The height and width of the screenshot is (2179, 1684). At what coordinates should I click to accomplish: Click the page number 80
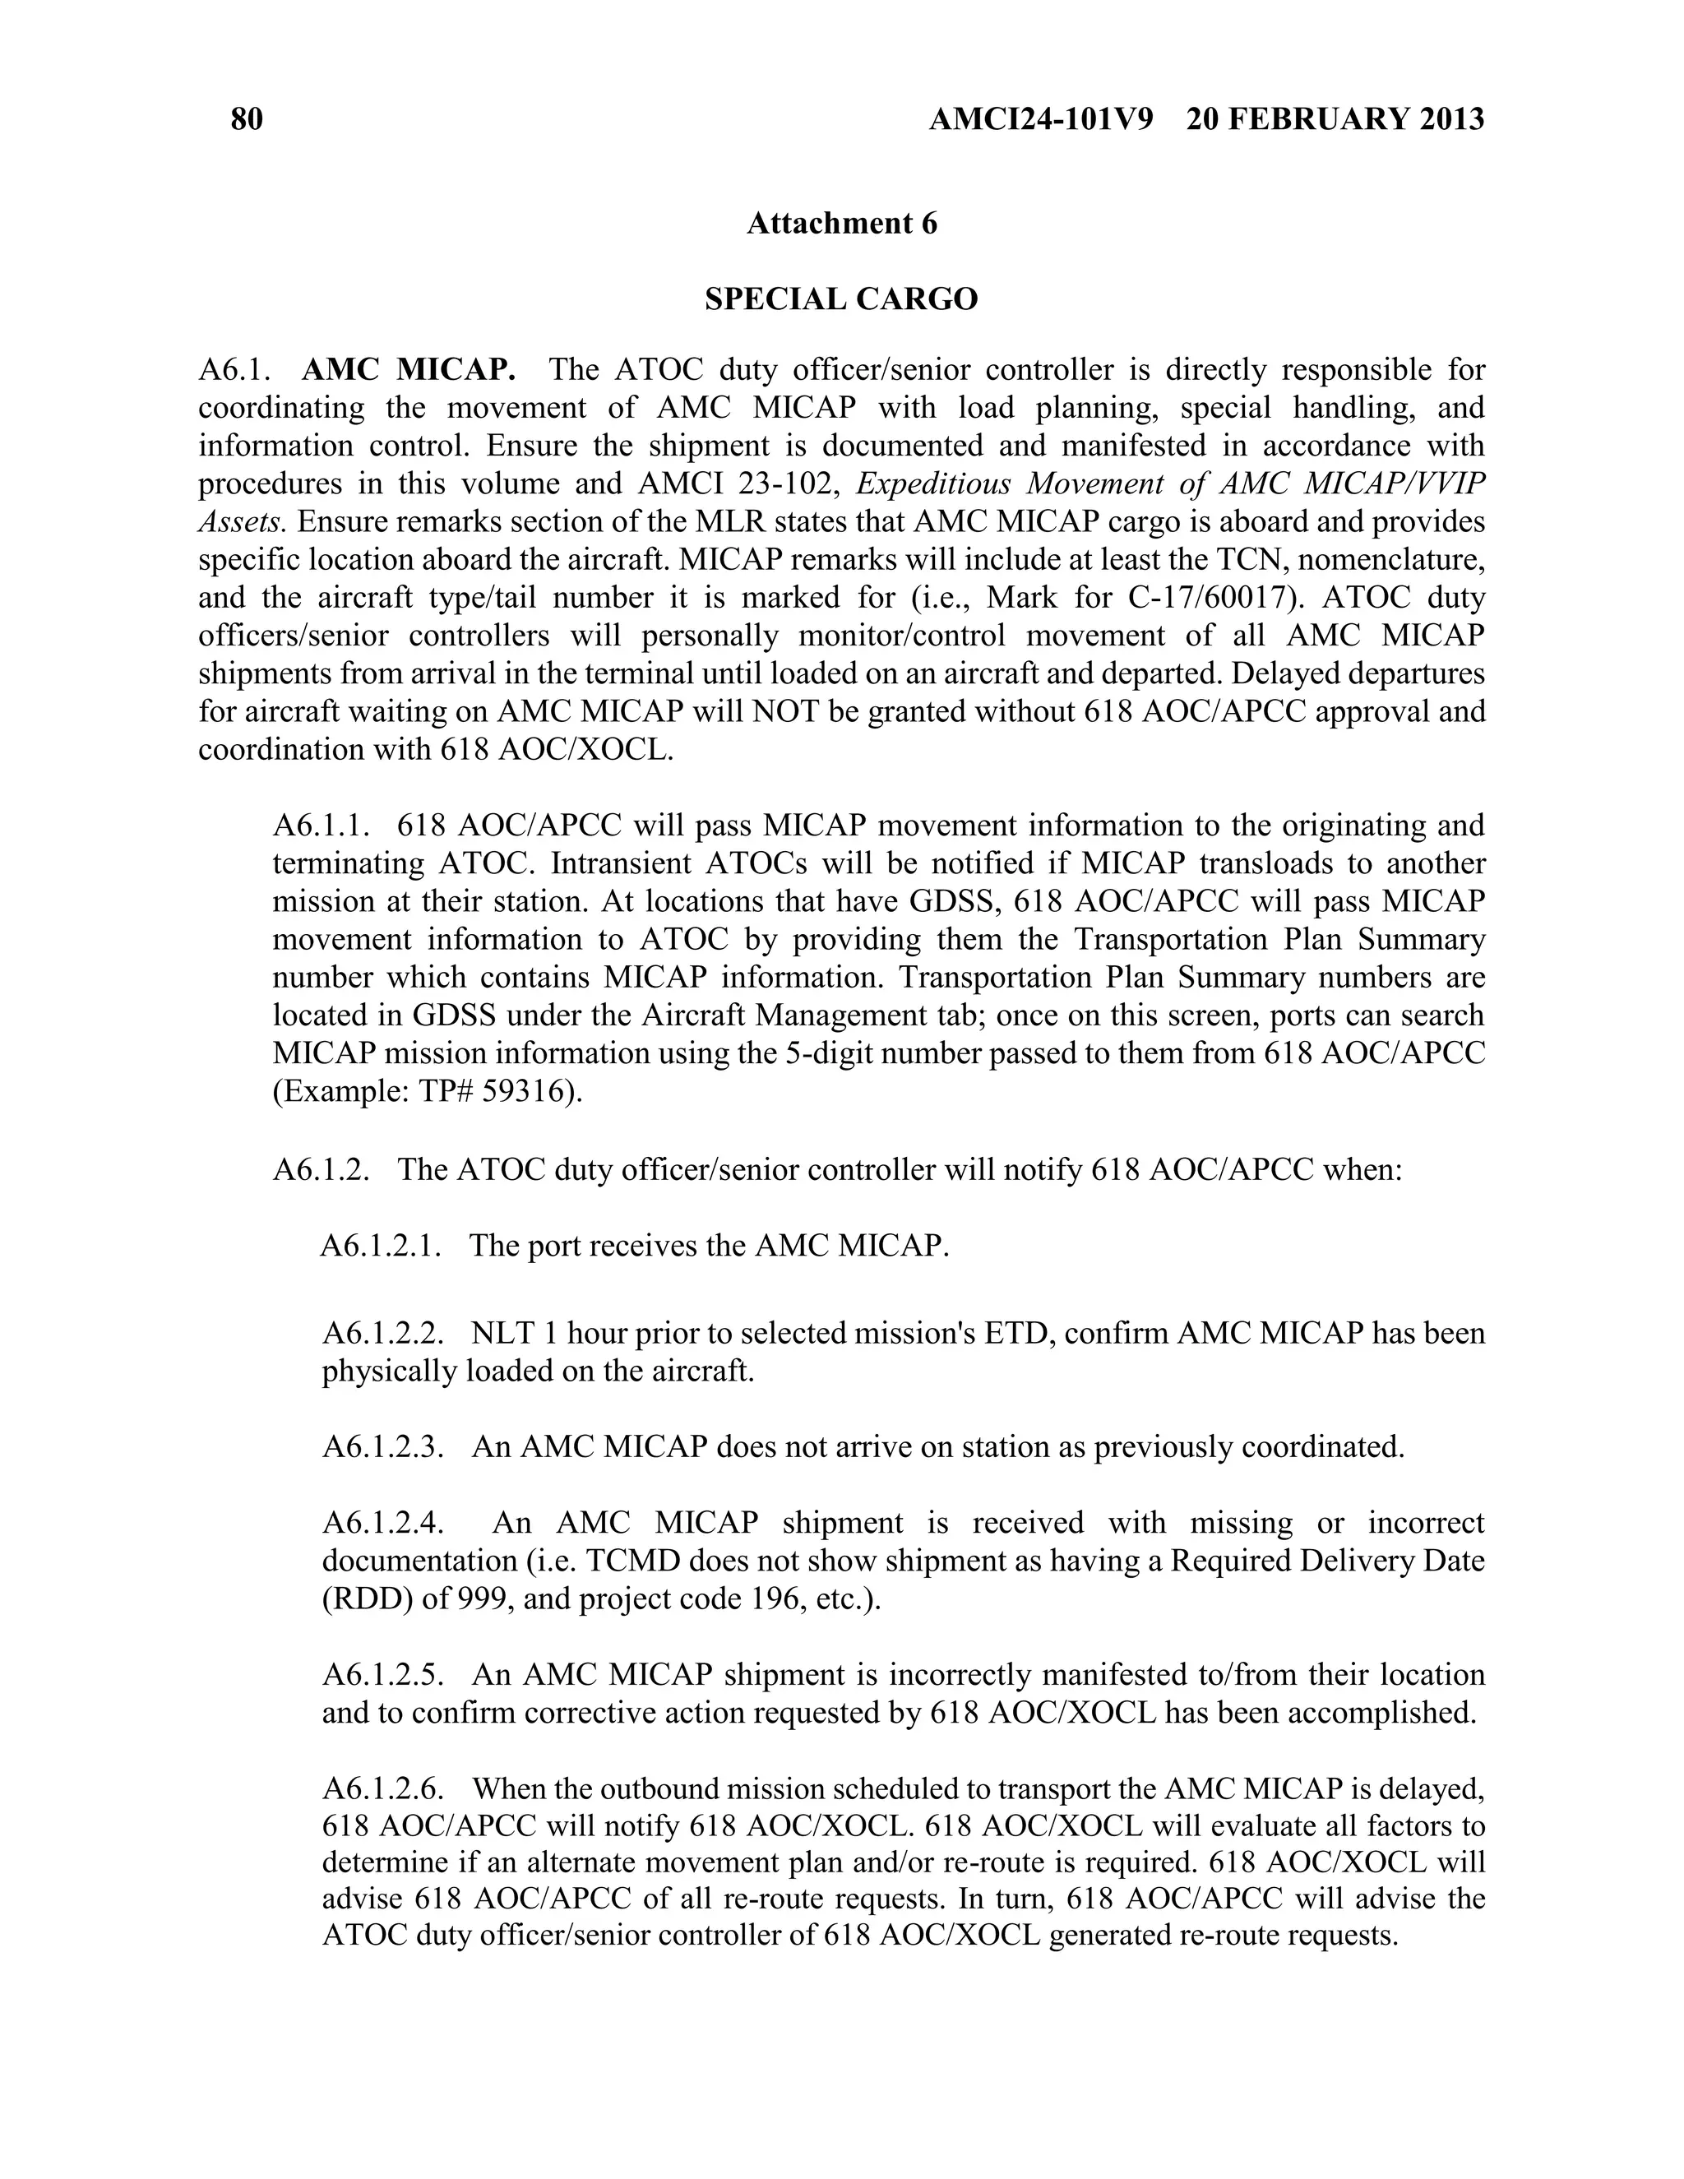tap(247, 120)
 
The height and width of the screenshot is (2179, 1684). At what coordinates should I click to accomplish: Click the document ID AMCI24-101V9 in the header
tap(1040, 120)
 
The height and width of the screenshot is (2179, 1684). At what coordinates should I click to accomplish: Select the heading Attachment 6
tap(842, 224)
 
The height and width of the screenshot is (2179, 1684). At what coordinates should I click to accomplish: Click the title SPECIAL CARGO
tap(841, 298)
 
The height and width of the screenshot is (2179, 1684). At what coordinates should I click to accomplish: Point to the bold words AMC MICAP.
tap(408, 370)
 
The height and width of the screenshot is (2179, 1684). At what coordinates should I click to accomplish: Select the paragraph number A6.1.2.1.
tap(380, 1245)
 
